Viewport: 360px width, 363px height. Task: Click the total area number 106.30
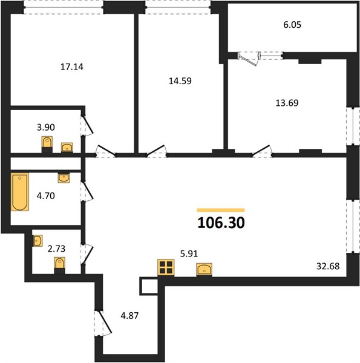click(x=221, y=223)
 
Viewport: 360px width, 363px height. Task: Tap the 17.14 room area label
click(x=72, y=67)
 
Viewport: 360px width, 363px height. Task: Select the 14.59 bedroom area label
click(x=180, y=81)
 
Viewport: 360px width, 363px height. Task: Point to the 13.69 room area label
click(x=287, y=103)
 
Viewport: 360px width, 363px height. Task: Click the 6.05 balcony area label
click(x=292, y=25)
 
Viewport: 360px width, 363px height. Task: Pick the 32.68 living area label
click(x=328, y=266)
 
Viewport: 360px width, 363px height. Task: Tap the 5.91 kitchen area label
click(x=189, y=253)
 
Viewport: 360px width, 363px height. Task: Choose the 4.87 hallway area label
click(x=129, y=316)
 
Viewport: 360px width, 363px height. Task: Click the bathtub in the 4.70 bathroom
click(x=20, y=192)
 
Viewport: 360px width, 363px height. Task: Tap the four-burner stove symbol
click(x=166, y=267)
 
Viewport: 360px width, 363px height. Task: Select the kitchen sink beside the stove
click(x=204, y=269)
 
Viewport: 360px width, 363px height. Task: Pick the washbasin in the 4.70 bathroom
click(x=64, y=178)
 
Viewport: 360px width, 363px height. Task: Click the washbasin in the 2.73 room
click(x=38, y=241)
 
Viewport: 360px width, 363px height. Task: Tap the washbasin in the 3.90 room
click(x=67, y=148)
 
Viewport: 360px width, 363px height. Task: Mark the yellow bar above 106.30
click(x=221, y=210)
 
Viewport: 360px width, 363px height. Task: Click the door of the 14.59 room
click(x=157, y=151)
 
